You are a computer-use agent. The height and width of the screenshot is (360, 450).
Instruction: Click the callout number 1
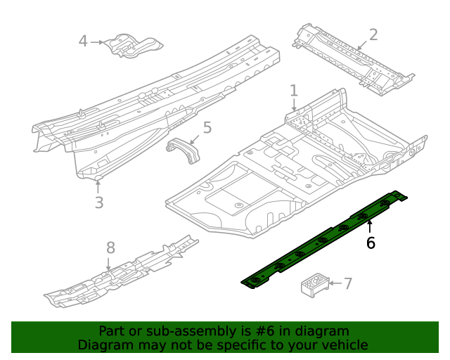(x=294, y=91)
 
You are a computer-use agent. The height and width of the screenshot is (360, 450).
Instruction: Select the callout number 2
(x=373, y=34)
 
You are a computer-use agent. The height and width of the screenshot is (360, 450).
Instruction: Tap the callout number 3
(x=98, y=202)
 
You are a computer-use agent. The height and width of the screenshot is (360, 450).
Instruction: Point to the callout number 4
(x=83, y=41)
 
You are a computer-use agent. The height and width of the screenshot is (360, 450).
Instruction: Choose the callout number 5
(x=207, y=127)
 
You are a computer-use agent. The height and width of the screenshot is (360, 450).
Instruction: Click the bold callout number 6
(x=370, y=243)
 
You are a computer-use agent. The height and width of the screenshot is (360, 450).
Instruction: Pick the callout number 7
(x=347, y=283)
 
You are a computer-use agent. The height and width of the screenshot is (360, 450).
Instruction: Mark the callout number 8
(x=110, y=247)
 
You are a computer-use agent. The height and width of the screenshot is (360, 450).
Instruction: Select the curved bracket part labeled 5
(x=182, y=150)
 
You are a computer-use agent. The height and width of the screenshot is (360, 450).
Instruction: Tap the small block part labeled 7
(x=314, y=285)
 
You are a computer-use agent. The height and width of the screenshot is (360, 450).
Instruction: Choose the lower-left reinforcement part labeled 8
(x=120, y=274)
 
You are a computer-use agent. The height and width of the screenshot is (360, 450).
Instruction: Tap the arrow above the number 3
(x=98, y=186)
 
